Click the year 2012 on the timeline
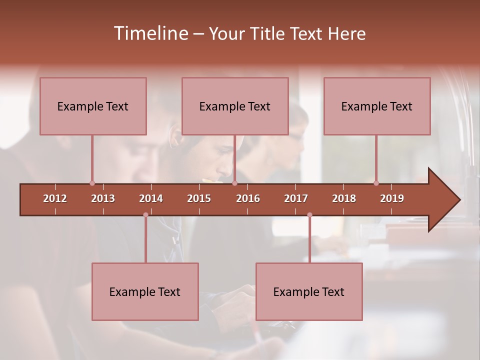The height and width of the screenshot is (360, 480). pos(55,198)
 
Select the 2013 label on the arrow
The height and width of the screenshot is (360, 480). pos(103,198)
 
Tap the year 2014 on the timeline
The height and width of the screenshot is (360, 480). pos(151,198)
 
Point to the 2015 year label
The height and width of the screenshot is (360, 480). pos(199,198)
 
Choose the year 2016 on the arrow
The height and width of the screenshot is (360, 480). pos(248,198)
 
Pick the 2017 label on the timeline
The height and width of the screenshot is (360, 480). pos(296,198)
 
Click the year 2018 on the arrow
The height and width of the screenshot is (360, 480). pos(344,198)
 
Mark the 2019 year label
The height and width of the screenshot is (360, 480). pos(392,198)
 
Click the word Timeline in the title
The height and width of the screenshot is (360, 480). pos(150,33)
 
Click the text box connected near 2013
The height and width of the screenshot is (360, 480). pos(93,106)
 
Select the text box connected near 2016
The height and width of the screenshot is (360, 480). pos(235,106)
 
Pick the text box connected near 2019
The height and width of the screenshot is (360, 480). pos(377,106)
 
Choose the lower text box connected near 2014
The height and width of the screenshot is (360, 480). pos(145,291)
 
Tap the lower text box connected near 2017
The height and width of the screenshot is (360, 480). pos(309,291)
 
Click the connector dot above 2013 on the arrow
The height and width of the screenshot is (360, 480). pos(92,183)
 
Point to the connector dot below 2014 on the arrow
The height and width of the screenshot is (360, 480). pos(145,214)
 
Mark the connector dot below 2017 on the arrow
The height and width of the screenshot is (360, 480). pos(309,214)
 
